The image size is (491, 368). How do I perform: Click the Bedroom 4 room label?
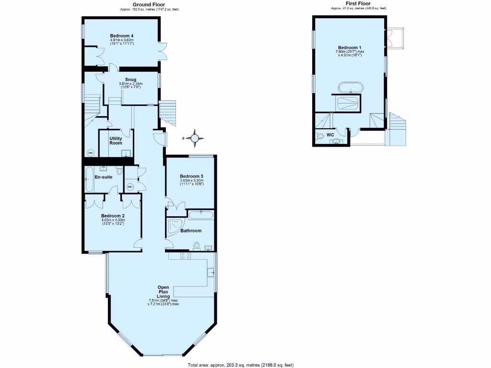pos(121,36)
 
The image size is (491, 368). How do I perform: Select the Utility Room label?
pos(116,140)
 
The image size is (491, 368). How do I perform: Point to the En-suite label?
pos(103,177)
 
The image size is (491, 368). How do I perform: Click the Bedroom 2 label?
pos(113,216)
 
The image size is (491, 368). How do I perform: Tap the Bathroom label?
pos(191,230)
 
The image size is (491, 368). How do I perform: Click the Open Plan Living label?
pos(164,292)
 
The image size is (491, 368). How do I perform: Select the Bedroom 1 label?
pos(350,47)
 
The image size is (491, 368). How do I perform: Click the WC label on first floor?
pos(330,135)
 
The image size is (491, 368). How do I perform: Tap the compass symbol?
pos(195,138)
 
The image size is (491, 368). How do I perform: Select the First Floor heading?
pos(358,4)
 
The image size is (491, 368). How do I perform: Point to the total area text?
pos(241,365)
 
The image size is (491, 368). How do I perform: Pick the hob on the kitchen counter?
pos(186,256)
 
